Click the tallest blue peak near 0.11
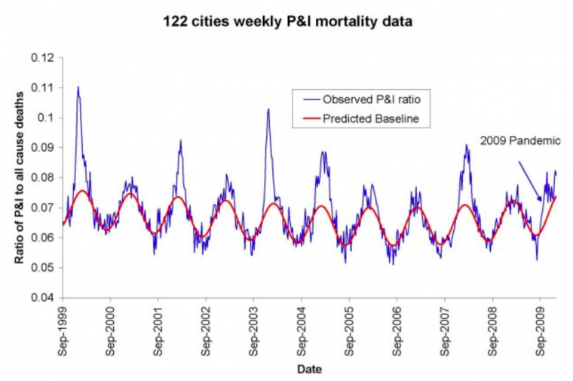coord(78,88)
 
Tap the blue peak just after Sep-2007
coord(466,146)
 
